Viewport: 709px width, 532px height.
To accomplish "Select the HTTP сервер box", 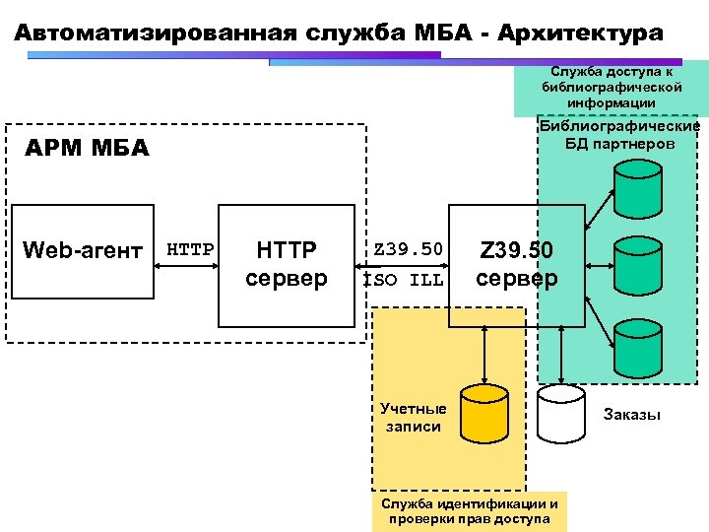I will (x=286, y=264).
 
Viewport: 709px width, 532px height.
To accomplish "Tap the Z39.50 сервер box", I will (x=517, y=264).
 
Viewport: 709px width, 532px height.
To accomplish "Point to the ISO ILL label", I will (x=405, y=279).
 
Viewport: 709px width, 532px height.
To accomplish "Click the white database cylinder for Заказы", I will (x=560, y=414).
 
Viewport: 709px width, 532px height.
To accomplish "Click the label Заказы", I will (x=631, y=415).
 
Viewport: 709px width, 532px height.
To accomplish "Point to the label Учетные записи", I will (x=414, y=418).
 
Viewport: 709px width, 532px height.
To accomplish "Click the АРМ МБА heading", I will (x=87, y=150).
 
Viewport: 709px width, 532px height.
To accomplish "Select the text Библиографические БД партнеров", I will (x=619, y=135).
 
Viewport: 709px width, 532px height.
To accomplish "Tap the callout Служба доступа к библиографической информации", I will (x=611, y=88).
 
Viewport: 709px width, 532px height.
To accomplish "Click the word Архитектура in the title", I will (x=581, y=33).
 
